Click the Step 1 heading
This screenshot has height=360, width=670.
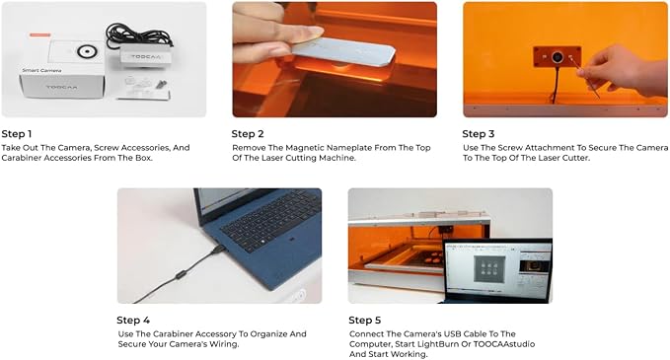tap(17, 134)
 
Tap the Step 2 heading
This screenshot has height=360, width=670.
tap(248, 134)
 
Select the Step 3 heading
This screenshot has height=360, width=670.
tap(479, 134)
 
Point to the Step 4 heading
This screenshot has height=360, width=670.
tap(133, 321)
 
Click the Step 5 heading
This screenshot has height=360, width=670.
tap(365, 321)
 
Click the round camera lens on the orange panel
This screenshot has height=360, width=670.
tap(558, 57)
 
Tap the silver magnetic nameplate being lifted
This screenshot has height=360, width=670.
tap(344, 52)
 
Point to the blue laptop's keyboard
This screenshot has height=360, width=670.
tap(271, 221)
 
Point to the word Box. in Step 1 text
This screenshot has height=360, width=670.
tap(143, 158)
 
